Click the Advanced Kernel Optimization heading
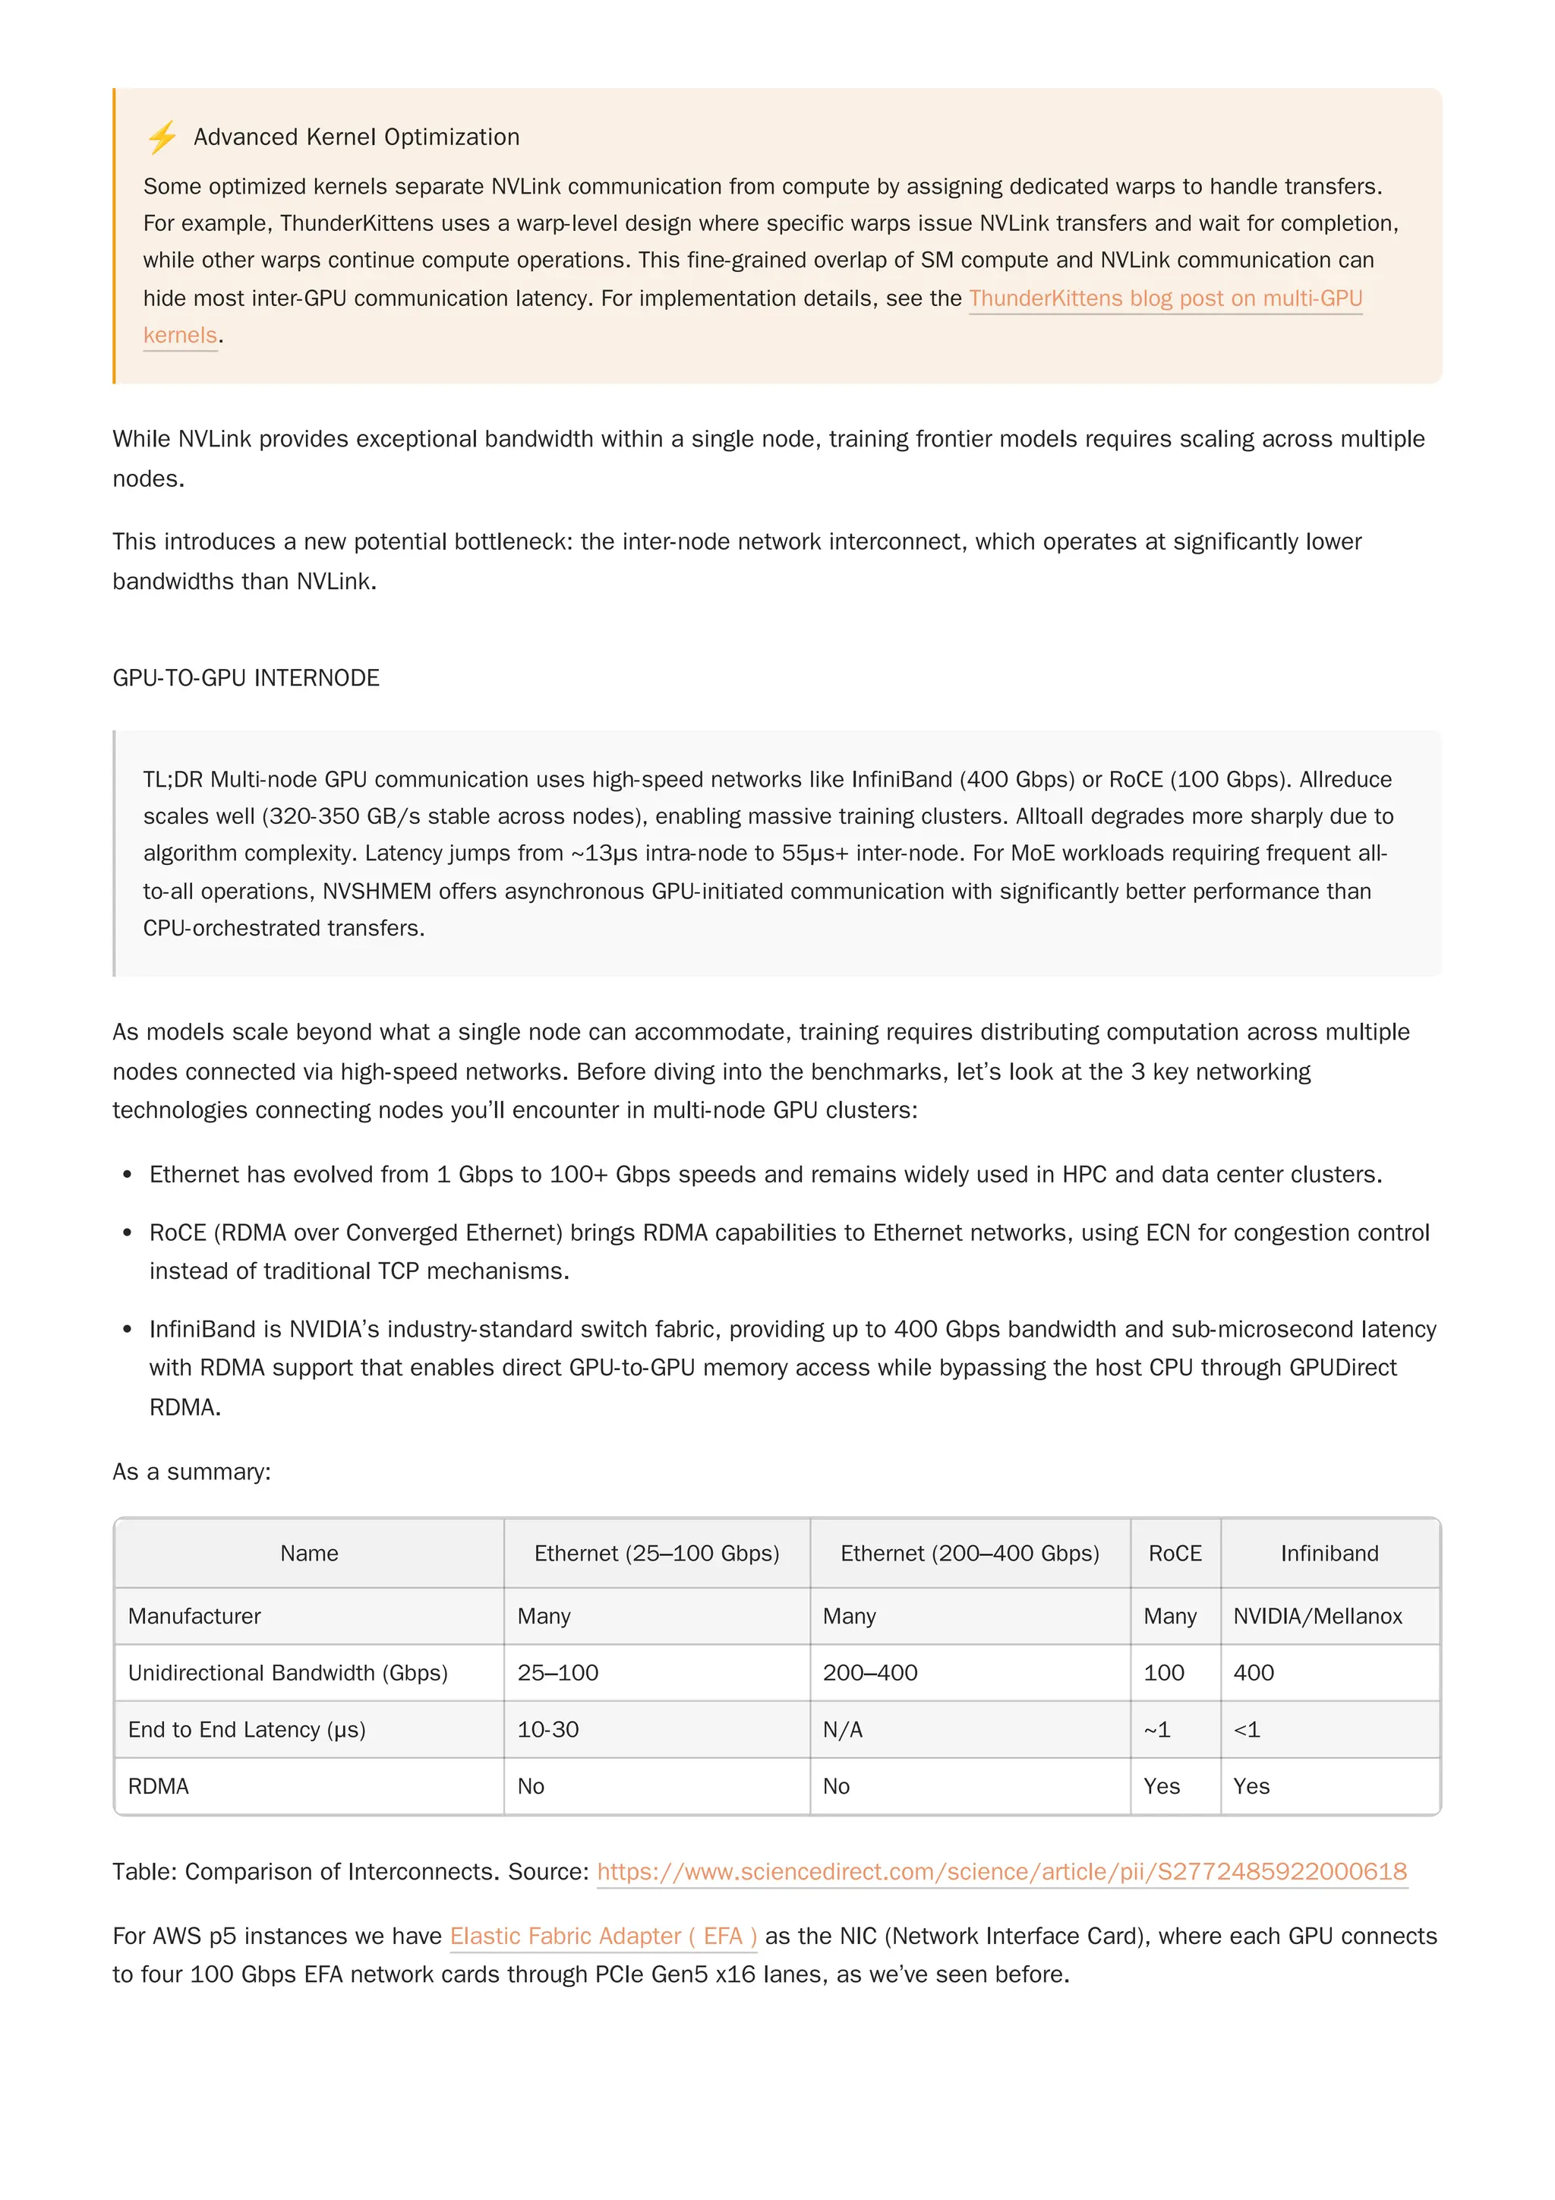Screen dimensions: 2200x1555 [356, 137]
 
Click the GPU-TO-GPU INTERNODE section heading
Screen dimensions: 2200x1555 [246, 677]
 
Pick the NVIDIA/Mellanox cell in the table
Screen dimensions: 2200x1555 [1317, 1617]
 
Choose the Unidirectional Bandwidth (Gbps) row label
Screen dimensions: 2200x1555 [288, 1673]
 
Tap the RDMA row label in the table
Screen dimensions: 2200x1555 [158, 1786]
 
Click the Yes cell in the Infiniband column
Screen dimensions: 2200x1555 [1251, 1786]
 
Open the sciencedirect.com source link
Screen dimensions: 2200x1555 [1001, 1871]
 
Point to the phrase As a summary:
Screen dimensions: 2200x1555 [191, 1472]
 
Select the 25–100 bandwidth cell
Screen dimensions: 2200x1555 [557, 1673]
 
